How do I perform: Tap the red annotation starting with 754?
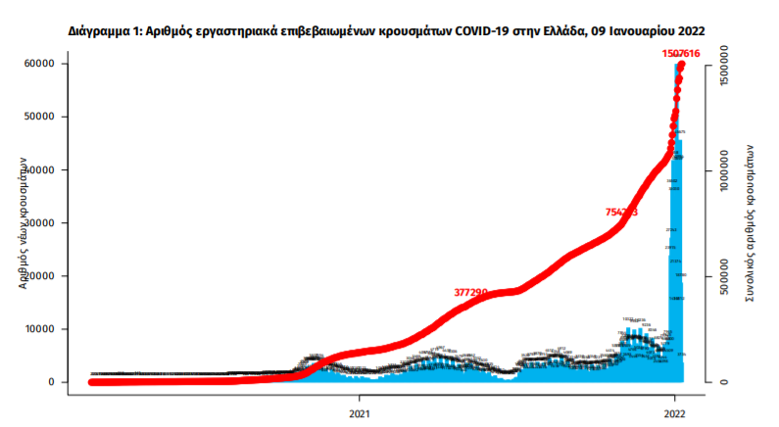pos(622,212)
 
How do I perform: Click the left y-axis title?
pos(22,223)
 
